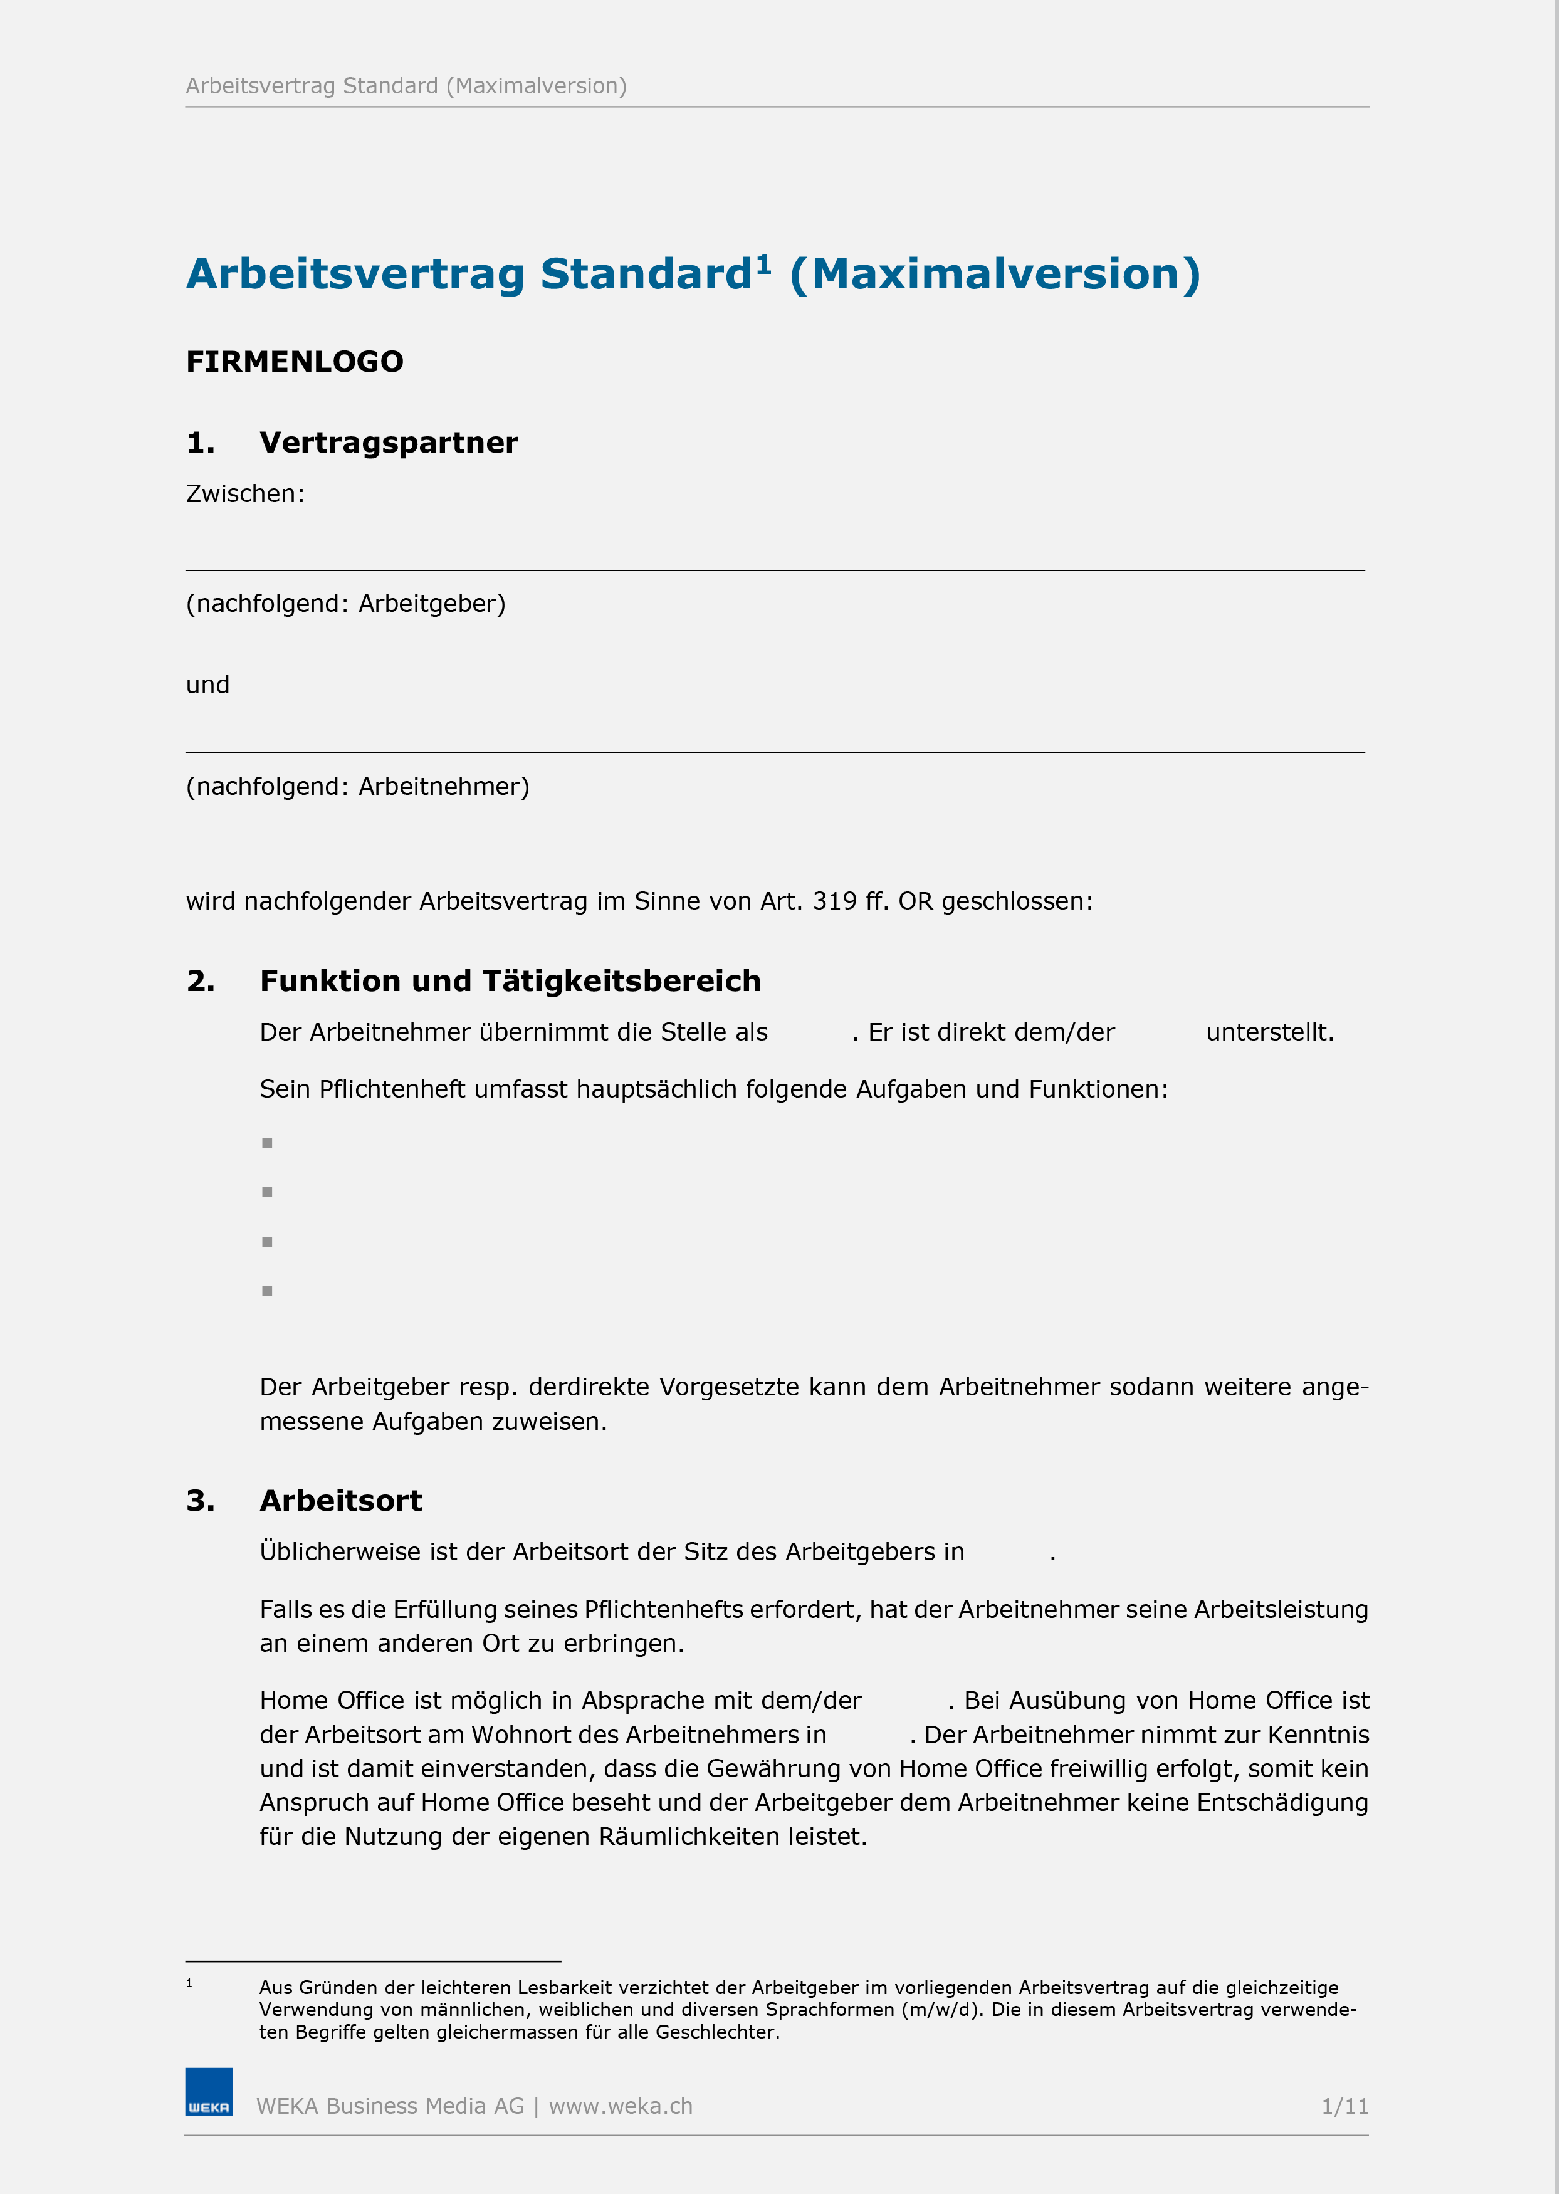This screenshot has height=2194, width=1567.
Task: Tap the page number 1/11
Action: (1344, 2106)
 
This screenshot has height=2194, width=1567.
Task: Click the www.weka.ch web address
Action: (621, 2106)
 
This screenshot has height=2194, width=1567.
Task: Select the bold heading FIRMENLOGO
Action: (295, 362)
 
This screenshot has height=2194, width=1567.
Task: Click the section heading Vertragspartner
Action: (388, 443)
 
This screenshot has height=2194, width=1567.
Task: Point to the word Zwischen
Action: (243, 494)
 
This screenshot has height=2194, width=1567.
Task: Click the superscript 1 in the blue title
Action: (763, 263)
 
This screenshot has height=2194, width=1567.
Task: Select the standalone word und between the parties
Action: (207, 685)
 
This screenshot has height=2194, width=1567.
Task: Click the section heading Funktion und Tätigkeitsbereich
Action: (510, 981)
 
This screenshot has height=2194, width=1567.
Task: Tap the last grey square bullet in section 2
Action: (267, 1291)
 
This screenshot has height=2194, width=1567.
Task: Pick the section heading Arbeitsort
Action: (340, 1501)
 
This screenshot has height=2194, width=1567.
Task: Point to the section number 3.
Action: (200, 1501)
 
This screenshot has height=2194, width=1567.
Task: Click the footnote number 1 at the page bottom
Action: (189, 1983)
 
